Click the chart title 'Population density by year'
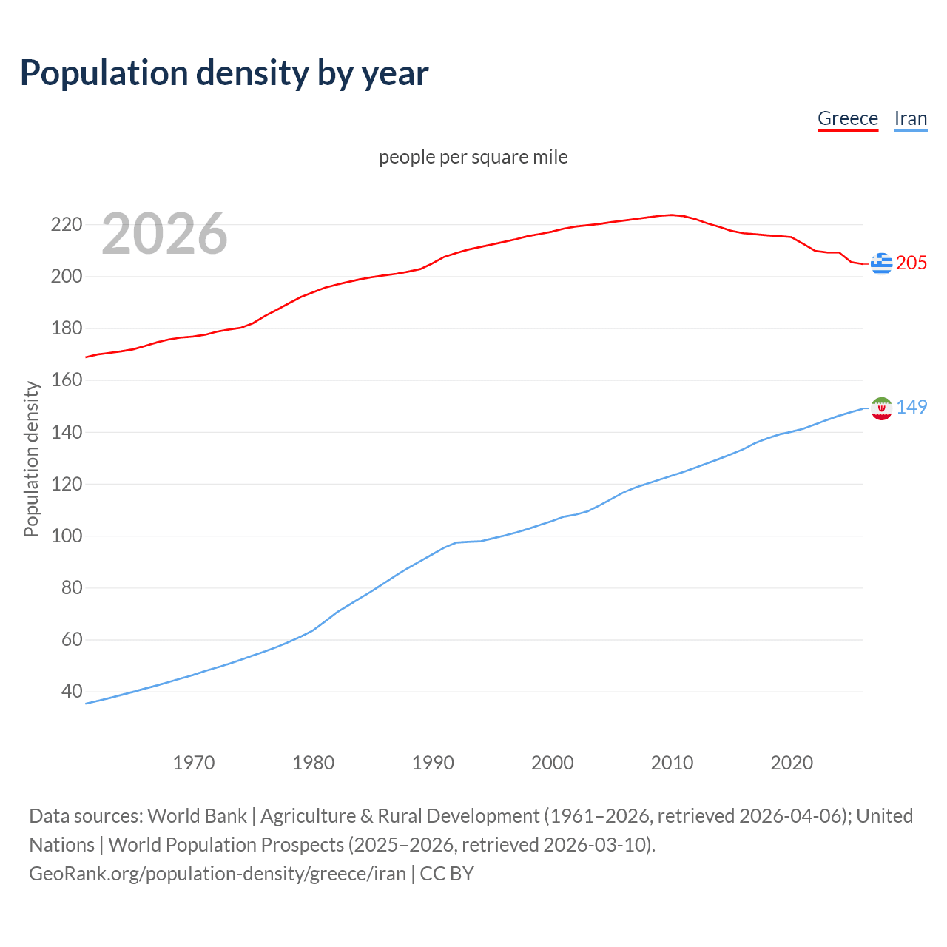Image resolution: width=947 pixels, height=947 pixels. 224,73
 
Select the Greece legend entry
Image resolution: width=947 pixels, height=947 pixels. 847,118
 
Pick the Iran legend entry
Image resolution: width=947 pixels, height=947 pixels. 910,118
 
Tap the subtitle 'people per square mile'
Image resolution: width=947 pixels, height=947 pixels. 473,157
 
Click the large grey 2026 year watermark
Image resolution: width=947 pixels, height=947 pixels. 164,234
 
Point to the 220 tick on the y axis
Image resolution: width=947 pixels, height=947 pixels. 66,224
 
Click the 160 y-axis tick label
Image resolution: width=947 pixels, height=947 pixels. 66,380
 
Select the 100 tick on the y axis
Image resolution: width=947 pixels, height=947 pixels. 66,536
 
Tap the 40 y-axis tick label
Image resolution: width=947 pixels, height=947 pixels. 72,692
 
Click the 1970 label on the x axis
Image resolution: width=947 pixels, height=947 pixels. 194,763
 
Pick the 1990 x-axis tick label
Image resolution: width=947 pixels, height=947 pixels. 433,763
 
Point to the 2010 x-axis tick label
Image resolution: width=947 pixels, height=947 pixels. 672,763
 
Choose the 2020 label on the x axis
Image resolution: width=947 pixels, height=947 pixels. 792,763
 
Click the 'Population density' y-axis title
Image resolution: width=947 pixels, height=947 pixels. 31,459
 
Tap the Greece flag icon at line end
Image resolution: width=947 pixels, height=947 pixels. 881,263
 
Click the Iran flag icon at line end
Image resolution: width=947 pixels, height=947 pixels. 881,408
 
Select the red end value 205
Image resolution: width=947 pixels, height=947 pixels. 911,263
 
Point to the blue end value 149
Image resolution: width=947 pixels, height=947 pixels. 911,407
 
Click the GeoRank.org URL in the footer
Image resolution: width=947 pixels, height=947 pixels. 218,874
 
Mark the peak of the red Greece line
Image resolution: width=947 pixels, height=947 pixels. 671,215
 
